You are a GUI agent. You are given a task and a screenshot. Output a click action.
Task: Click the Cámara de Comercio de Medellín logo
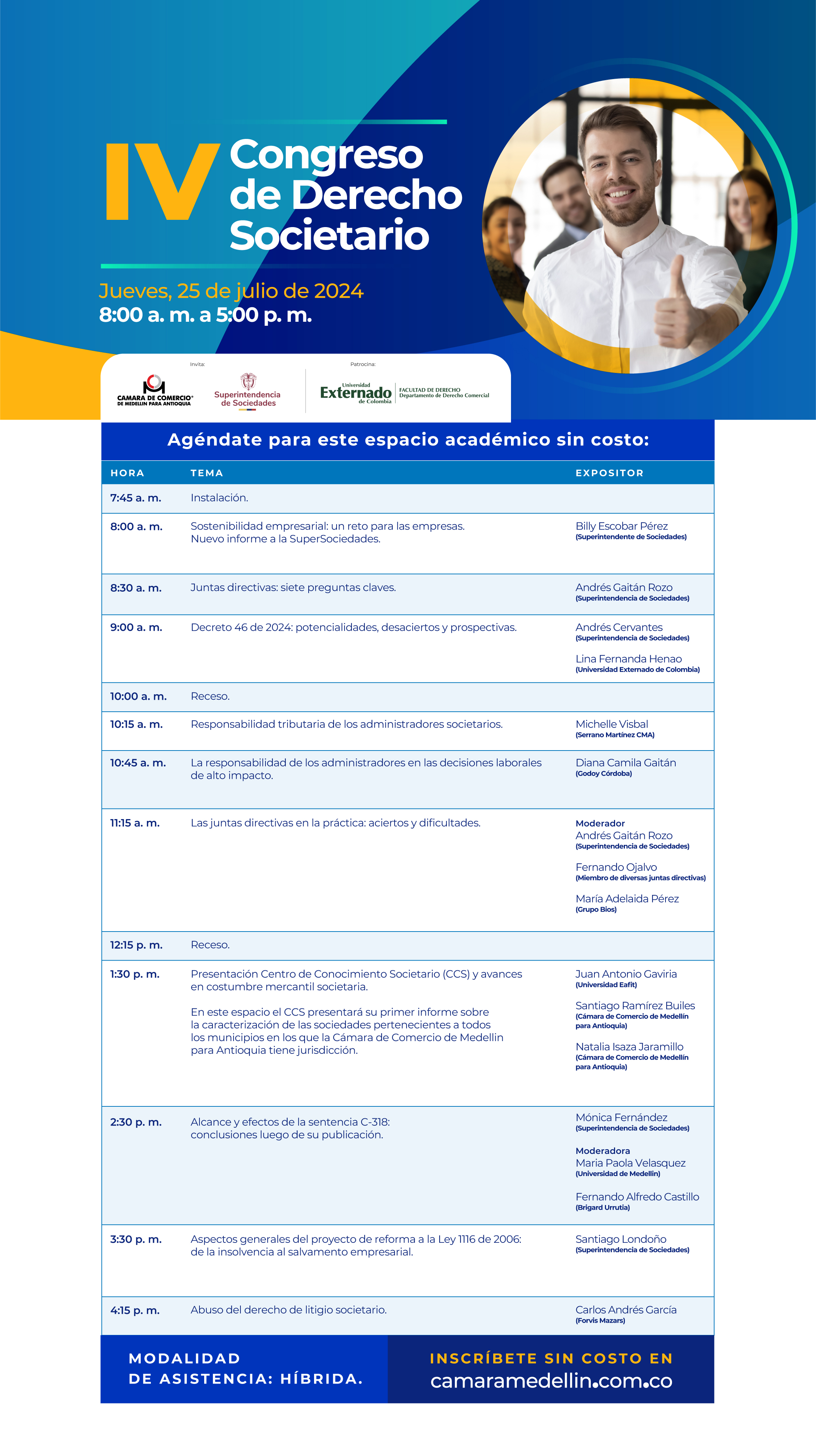[x=154, y=390]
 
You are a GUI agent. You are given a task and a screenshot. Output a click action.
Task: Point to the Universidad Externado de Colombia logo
[x=404, y=392]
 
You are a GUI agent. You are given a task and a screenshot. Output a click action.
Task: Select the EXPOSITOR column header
[x=609, y=473]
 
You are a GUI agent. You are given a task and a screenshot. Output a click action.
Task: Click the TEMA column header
[x=207, y=473]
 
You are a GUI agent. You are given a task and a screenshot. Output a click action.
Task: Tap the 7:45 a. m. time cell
[x=136, y=498]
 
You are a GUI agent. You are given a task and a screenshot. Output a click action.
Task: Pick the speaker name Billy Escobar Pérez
[x=621, y=526]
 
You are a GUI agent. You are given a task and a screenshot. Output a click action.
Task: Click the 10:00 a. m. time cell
[x=138, y=696]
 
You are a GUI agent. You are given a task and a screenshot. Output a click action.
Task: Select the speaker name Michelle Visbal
[x=611, y=724]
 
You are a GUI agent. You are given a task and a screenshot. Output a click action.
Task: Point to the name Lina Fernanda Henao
[x=629, y=659]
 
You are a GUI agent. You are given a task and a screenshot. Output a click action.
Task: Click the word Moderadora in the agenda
[x=602, y=1151]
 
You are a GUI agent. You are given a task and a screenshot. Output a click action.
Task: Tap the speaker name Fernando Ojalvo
[x=616, y=867]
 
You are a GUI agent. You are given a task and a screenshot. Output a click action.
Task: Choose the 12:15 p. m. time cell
[x=136, y=945]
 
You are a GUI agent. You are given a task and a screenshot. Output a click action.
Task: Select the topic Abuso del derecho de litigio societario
[x=288, y=1310]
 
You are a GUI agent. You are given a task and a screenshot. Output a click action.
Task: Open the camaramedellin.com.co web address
[x=551, y=1381]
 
